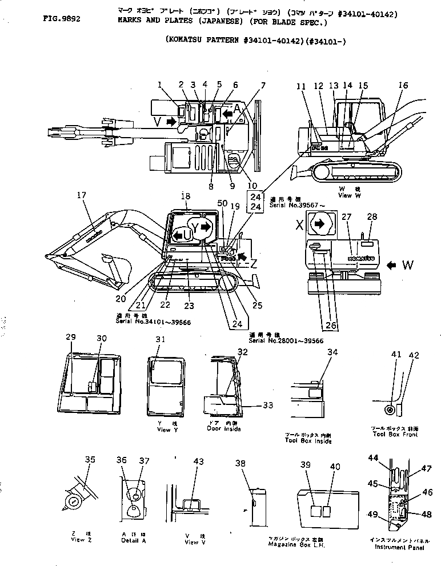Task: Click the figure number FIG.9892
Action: tap(61, 18)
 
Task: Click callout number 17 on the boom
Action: tap(82, 195)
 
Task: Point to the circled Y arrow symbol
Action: tap(201, 227)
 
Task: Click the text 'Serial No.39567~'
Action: tap(292, 204)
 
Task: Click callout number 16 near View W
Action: tap(403, 86)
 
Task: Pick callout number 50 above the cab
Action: tap(222, 204)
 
